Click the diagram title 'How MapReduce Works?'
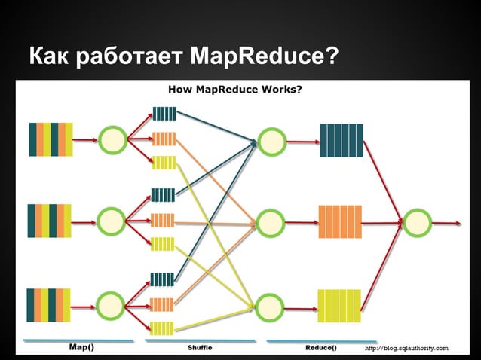pos(235,90)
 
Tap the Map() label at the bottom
pos(81,348)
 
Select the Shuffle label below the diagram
pos(200,349)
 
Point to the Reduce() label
pos(320,348)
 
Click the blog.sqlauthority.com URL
pos(406,348)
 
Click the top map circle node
pos(112,139)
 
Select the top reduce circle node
pos(271,139)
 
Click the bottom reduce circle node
pos(271,307)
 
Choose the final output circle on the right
pos(417,223)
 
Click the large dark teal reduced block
pos(342,140)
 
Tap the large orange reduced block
pos(341,222)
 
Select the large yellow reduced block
pos(340,306)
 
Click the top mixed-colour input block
pos(51,139)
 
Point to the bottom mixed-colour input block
pos(50,305)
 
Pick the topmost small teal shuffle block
pos(164,114)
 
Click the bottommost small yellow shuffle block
pos(162,328)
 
